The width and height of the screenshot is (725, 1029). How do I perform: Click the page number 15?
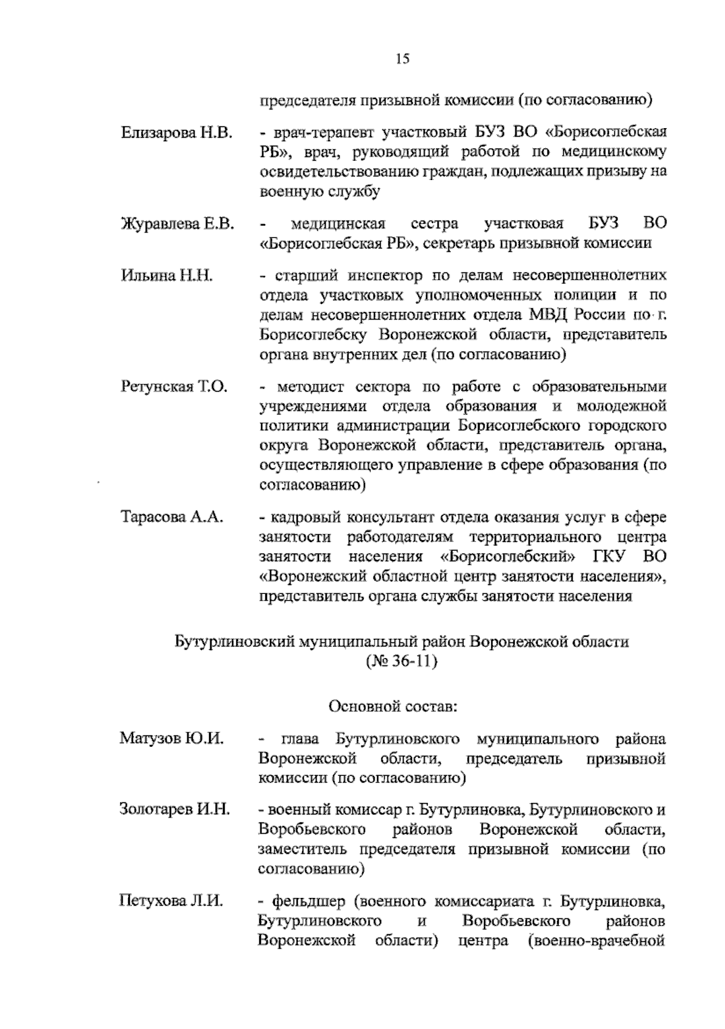click(x=403, y=59)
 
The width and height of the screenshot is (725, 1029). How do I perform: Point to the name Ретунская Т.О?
click(x=174, y=387)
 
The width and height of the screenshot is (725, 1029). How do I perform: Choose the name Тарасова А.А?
click(x=173, y=517)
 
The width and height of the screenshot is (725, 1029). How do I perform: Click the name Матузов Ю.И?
click(x=172, y=738)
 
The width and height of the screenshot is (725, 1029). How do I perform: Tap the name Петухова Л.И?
click(x=171, y=902)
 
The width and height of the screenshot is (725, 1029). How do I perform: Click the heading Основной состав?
click(x=393, y=706)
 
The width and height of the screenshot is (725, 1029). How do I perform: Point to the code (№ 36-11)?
click(x=401, y=661)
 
